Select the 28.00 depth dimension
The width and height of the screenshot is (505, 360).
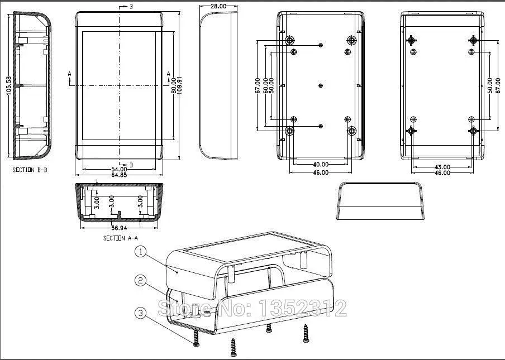(218, 6)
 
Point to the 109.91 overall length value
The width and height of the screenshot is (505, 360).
(180, 85)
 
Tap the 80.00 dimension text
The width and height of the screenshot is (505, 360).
(174, 85)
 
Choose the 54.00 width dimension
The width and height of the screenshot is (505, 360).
(118, 169)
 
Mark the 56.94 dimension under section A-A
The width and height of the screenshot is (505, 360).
(120, 228)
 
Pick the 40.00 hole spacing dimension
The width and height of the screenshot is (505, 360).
(320, 165)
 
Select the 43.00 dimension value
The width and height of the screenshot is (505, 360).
(442, 166)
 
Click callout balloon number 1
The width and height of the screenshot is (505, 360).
(141, 252)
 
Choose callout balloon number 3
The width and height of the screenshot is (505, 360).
(141, 313)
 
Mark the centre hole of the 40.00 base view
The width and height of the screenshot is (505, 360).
(321, 85)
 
